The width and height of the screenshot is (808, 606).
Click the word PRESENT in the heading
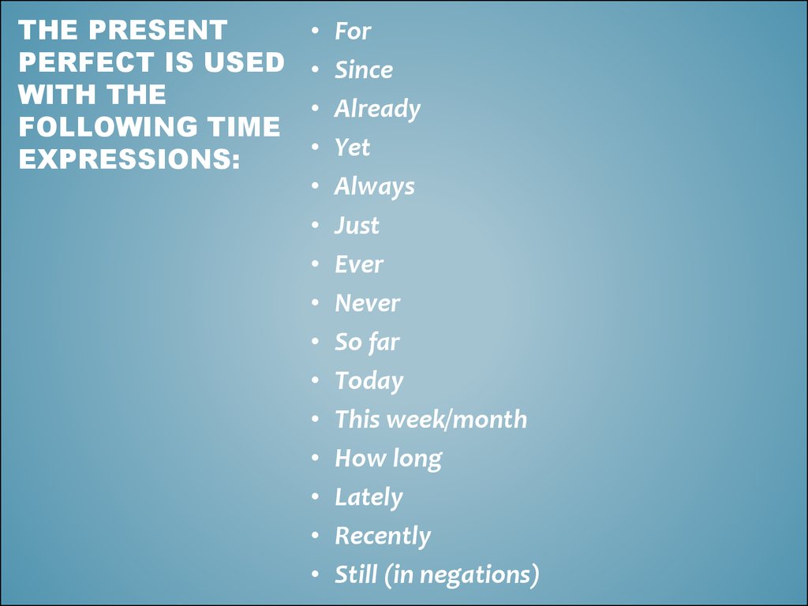coord(159,32)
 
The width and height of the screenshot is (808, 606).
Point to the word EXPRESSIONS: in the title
coord(129,158)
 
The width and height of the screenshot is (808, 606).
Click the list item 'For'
coord(353,32)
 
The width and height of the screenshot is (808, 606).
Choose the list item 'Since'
coord(364,70)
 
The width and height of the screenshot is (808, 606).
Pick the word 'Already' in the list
coord(377,109)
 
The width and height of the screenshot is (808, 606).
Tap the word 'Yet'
coord(352,148)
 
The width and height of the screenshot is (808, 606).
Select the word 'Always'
coord(374,186)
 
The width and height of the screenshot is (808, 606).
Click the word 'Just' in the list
coord(357,226)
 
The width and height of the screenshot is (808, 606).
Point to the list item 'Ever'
coord(359,264)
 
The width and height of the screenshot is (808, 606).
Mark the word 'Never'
coord(367,303)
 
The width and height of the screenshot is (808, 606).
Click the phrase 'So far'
coord(367,342)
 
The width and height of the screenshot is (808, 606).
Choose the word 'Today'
coord(368,380)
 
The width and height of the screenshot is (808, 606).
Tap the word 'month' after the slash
coord(489,419)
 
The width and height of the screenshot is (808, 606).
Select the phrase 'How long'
coord(388,458)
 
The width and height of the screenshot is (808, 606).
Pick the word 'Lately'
coord(368,497)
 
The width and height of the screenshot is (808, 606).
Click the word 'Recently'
coord(383,536)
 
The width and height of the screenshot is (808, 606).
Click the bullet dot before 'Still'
coord(316,574)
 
